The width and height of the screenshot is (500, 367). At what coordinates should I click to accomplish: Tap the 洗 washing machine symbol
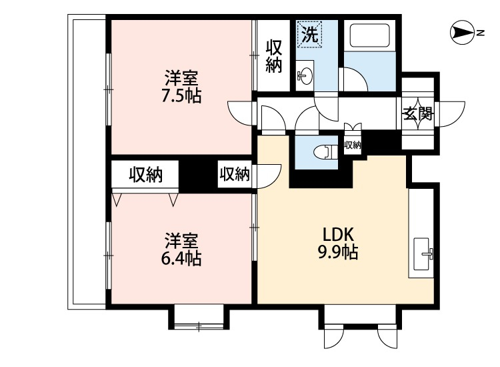pos(309,34)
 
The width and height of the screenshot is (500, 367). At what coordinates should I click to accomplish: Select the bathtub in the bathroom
pos(370,35)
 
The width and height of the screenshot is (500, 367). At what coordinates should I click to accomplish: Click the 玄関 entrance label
pos(418,113)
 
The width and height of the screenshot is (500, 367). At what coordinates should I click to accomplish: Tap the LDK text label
pos(338,235)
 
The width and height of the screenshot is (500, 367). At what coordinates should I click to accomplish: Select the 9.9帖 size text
pos(338,252)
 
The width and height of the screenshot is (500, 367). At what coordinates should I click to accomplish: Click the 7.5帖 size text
pos(181,95)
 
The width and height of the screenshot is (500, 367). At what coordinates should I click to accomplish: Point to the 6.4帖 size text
pos(181,258)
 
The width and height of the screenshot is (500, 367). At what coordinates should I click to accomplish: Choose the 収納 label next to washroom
pos(274,56)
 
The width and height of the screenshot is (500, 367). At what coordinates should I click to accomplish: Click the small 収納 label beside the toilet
pos(353,145)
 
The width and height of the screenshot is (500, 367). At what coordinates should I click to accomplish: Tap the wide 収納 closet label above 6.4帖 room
pos(146,175)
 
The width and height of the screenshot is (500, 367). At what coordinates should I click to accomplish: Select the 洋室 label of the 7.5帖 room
pos(181,77)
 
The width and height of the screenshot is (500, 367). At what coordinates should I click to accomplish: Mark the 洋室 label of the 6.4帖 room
pos(181,241)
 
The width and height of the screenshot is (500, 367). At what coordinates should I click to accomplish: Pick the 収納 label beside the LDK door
pos(235,174)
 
